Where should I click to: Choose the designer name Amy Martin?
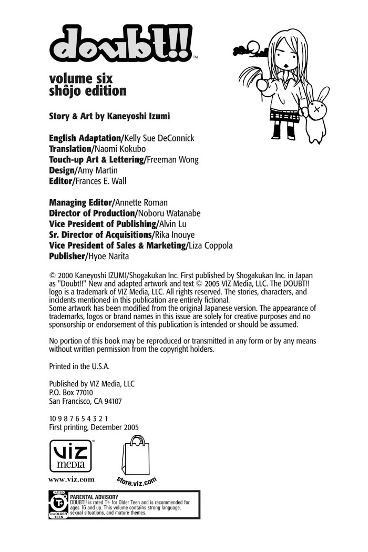point(98,170)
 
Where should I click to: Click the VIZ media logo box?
point(70,455)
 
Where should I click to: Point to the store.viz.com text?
point(137,481)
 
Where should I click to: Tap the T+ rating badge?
point(58,505)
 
